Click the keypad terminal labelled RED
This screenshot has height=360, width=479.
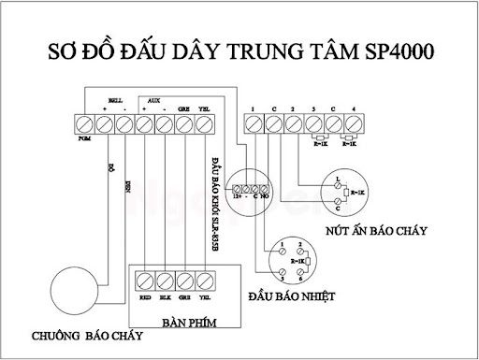pos(145,280)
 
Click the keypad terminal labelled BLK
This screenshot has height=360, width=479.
pos(165,280)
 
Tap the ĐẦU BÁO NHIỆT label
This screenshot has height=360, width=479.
pos(292,297)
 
